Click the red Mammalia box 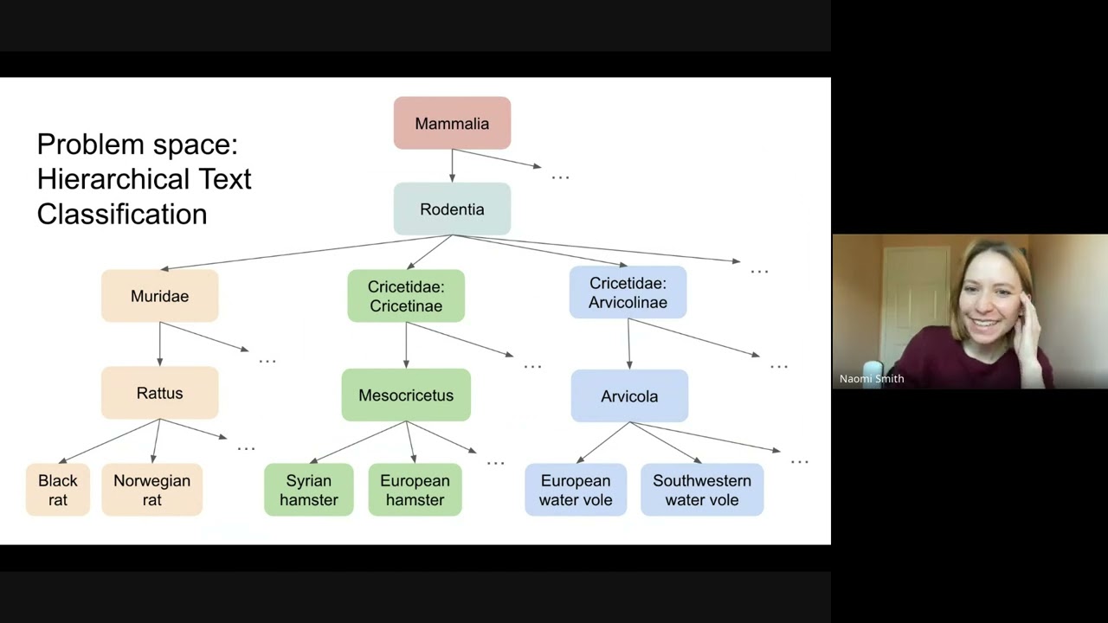click(452, 123)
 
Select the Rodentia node click(452, 209)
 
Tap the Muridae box click(159, 296)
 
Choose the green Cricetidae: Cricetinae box click(405, 296)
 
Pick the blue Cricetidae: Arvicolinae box click(628, 292)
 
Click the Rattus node click(159, 393)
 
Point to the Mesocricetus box click(405, 395)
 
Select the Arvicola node click(629, 396)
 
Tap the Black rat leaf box click(58, 490)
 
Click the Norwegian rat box click(151, 490)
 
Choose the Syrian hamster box click(308, 490)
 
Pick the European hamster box click(415, 490)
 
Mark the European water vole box click(576, 490)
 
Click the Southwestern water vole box click(702, 490)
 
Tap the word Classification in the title click(122, 215)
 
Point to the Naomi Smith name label click(872, 378)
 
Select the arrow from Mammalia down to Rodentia click(452, 165)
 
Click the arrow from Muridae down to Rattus click(159, 344)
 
